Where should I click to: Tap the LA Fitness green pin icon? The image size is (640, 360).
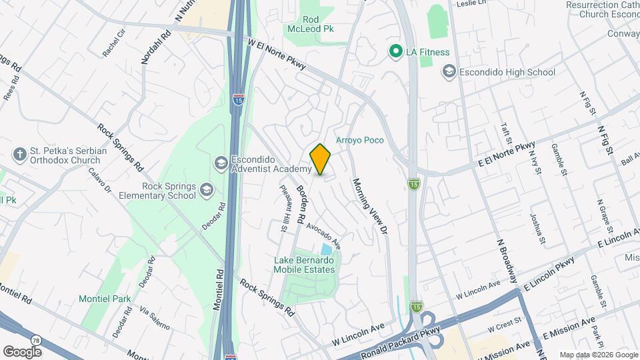395,51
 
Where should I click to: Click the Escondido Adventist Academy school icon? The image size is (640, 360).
220,163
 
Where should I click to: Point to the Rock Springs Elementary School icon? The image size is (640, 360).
207,191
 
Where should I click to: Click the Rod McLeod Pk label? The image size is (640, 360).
318,25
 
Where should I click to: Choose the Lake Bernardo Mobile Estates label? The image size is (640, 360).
303,265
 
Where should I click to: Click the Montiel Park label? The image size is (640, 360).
105,299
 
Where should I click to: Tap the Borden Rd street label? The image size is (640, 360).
301,203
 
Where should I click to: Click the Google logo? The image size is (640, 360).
22,351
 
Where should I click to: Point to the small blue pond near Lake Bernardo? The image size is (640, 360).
326,249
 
